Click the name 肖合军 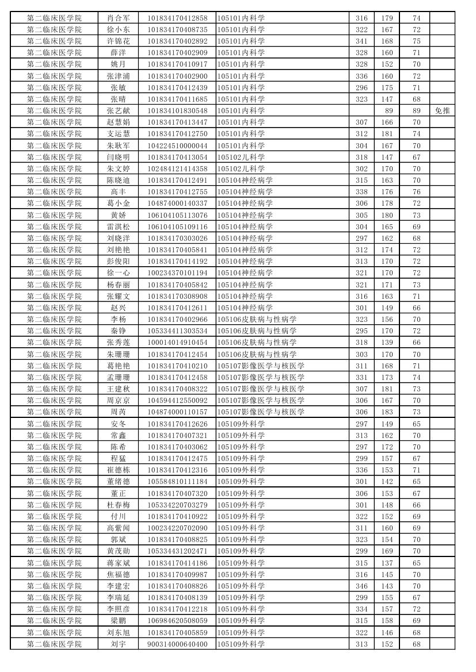[x=118, y=18]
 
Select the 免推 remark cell [x=442, y=110]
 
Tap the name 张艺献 [x=118, y=110]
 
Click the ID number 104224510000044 [x=177, y=145]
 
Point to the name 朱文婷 [x=118, y=168]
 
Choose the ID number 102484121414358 [x=177, y=168]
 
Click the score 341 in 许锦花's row [x=361, y=41]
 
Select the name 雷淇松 [x=118, y=226]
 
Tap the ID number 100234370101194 [x=177, y=272]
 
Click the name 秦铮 [x=118, y=331]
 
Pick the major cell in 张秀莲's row [x=257, y=342]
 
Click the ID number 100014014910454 [x=177, y=342]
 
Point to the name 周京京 [x=118, y=400]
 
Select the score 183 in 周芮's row [x=387, y=412]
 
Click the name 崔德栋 [x=118, y=470]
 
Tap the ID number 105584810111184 [x=177, y=481]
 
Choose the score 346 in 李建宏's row [x=361, y=586]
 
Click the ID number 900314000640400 [x=177, y=644]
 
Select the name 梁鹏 [x=118, y=620]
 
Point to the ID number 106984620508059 [x=177, y=620]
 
